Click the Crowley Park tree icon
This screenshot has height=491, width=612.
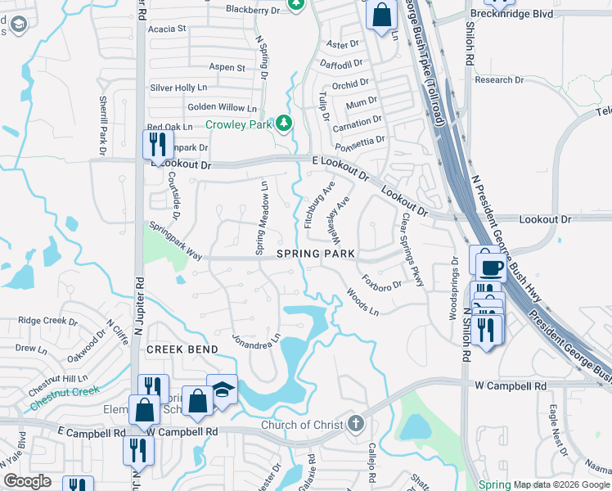(284, 123)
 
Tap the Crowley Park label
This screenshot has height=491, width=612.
(238, 125)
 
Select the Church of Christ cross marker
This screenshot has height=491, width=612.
(354, 424)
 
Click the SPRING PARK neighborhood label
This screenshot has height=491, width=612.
(315, 254)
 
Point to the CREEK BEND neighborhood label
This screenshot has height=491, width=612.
(182, 349)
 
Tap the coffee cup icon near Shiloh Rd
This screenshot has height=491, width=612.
(492, 268)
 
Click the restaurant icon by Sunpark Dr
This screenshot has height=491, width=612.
(155, 145)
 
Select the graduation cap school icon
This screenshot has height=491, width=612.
(222, 390)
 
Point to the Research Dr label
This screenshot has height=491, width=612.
(498, 79)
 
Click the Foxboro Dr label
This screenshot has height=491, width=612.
(382, 280)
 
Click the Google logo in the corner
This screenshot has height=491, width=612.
(27, 481)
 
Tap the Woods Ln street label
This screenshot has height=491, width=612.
(362, 300)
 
